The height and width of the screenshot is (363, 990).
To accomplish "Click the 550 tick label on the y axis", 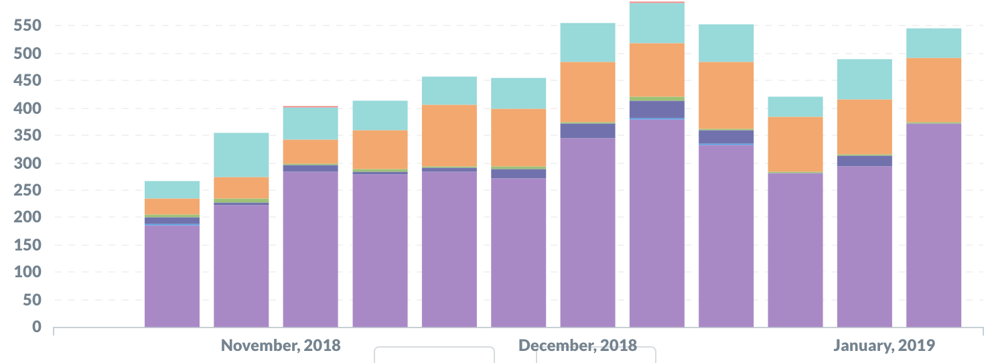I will coord(27,26).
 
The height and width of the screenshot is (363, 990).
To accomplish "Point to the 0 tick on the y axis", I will coord(37,327).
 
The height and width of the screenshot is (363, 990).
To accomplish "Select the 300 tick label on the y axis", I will coord(27,163).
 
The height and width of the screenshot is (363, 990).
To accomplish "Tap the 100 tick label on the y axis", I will coord(27,273).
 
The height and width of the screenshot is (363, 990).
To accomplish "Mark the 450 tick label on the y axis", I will coord(27,81).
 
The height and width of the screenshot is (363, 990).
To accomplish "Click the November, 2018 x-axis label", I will coord(281,346).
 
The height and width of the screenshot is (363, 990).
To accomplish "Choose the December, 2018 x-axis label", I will coord(577,346).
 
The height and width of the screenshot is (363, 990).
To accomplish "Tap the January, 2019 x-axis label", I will coord(884,346).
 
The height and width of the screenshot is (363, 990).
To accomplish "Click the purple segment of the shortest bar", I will coord(172,276).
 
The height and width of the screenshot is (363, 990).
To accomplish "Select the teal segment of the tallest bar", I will coord(657,23).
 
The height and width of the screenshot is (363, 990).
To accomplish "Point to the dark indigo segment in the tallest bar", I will coord(657,109).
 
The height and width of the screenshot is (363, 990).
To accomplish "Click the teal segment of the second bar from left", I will coord(241,155).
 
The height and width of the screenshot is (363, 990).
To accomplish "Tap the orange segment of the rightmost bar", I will coord(934,90).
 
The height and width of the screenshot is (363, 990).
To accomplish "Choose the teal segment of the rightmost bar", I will coord(934,43).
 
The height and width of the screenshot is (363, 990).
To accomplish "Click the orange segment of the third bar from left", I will coord(311,151).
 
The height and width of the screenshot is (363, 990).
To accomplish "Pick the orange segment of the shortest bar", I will coord(172,206).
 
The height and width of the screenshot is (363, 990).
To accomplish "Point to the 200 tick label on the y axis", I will coord(27,218).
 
